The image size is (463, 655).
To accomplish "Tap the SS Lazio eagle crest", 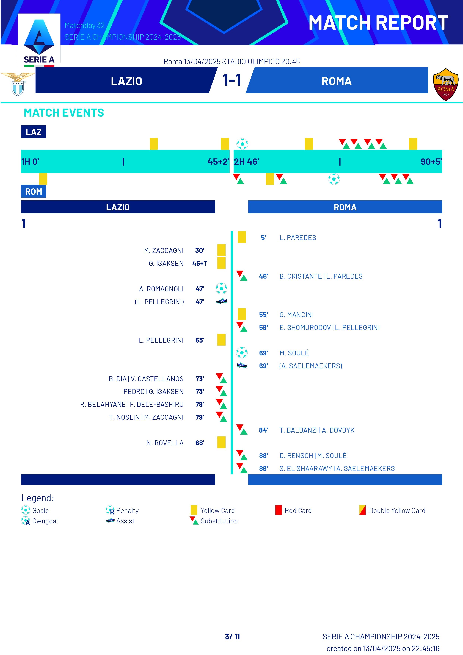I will point(18,84).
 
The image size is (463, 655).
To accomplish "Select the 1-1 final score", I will point(232,80).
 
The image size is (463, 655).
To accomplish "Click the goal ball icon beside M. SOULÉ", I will point(242,353).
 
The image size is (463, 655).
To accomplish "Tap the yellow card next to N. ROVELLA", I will point(221,442).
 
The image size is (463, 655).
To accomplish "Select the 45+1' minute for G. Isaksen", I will point(200,263).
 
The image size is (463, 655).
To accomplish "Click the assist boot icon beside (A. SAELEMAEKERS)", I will point(242,365).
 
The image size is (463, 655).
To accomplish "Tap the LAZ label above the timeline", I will point(33,132).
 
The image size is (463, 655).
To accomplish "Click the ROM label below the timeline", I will point(33,191).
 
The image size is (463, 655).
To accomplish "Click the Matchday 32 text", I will point(85,25).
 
